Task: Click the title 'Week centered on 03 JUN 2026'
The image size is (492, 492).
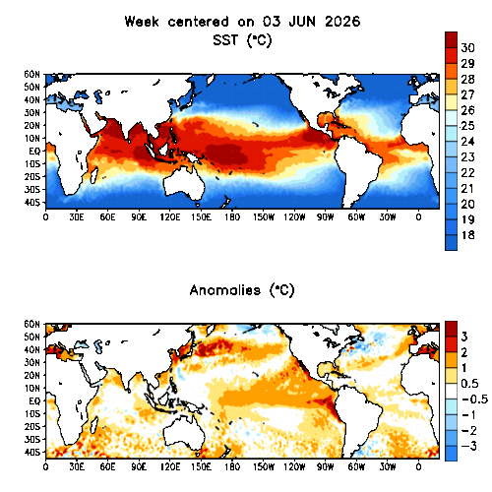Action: click(242, 22)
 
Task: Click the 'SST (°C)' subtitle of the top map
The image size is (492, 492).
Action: click(242, 40)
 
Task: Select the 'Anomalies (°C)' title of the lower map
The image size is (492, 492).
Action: click(242, 290)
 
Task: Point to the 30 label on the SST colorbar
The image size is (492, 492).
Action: click(467, 48)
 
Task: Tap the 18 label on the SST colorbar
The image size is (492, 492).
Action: click(467, 235)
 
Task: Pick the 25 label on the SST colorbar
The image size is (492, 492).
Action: click(467, 126)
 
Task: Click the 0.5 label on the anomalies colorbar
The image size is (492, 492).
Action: click(469, 384)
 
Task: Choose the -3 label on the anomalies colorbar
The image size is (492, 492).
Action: click(468, 446)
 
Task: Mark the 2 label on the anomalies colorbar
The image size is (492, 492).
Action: click(464, 352)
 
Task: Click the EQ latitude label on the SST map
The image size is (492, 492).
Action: click(34, 152)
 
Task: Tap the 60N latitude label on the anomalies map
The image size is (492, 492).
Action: click(31, 325)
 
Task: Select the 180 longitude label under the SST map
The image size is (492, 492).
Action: click(232, 217)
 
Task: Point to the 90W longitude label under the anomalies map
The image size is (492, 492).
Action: click(325, 466)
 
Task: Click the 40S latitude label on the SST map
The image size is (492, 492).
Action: click(31, 203)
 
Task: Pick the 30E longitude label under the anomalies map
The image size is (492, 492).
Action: click(77, 466)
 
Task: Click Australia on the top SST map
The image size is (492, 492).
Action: click(184, 184)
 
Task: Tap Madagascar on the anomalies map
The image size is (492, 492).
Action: click(93, 425)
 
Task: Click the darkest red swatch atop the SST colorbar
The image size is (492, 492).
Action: click(451, 39)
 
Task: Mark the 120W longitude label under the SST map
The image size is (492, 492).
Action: click(294, 217)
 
